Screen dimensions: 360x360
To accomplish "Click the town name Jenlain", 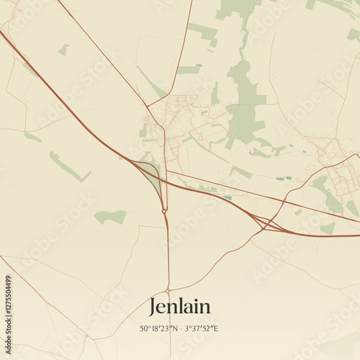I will point(180,307).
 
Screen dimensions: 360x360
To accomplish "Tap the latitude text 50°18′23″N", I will point(158,329).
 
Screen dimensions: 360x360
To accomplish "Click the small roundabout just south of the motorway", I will point(165,211).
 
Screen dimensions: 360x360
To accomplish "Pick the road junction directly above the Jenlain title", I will point(168,290).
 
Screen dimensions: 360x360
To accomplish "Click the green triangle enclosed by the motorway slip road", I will point(151,176).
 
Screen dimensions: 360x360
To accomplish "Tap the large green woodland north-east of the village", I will point(245,101).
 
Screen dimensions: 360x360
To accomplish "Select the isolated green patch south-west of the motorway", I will point(110,216).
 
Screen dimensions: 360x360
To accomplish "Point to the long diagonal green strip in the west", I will point(68,167).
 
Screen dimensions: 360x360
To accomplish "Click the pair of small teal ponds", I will point(284,178).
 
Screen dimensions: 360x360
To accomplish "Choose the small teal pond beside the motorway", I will point(227,197).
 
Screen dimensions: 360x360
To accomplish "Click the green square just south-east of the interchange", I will point(328,228).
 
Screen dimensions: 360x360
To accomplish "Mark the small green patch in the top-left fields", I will point(64,50).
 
